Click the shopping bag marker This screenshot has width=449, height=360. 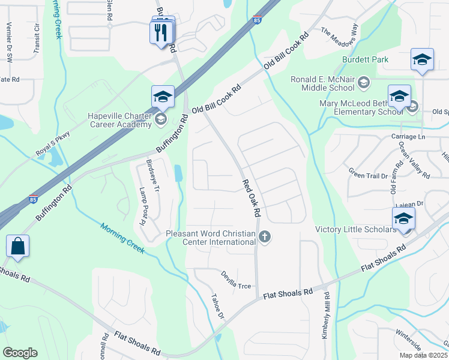18,247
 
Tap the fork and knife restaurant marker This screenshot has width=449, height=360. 160,32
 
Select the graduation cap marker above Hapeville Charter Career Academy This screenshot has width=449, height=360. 163,96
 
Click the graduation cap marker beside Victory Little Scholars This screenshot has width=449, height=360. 404,218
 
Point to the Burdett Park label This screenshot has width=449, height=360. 365,59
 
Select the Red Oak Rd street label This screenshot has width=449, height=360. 252,198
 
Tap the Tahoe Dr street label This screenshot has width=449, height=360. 217,306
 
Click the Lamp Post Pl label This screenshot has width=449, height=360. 143,205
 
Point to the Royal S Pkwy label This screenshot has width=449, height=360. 53,144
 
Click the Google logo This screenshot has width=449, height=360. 20,353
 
